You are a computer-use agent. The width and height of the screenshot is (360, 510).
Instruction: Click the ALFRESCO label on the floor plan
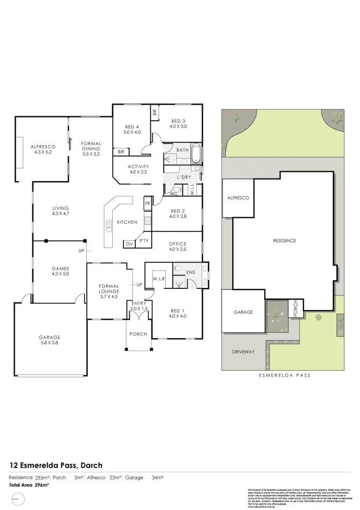coord(40,146)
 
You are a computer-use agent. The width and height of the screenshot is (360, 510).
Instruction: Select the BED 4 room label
coord(131,126)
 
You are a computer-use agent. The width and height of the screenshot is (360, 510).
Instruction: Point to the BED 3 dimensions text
coord(178,127)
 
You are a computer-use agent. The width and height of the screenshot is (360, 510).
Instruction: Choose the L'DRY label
coord(184,177)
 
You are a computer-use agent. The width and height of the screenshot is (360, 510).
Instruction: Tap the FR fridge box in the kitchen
coord(147,204)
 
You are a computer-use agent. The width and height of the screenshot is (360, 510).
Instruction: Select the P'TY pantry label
coord(144,241)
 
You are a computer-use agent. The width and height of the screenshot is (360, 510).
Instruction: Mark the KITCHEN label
coord(127,222)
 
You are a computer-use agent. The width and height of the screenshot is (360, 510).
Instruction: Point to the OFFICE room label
coord(177,244)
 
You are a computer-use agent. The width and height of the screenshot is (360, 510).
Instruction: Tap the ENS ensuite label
coord(190,273)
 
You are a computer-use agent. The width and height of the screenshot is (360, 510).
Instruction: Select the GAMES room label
coord(60,268)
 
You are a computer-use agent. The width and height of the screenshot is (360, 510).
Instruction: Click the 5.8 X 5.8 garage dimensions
coord(49,342)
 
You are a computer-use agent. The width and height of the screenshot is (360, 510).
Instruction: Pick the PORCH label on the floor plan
coord(138,334)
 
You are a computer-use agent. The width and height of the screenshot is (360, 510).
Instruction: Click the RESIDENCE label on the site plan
coord(284,240)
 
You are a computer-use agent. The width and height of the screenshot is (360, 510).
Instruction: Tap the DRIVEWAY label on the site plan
coord(243,352)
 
